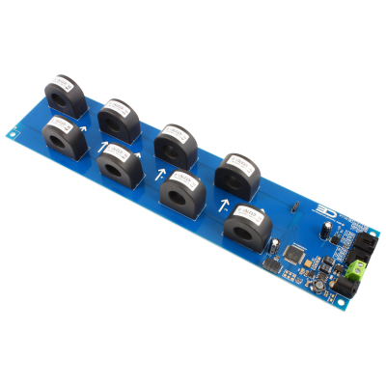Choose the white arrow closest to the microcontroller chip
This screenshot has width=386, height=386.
pos(225,207)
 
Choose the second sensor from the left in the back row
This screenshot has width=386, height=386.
pos(120,118)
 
